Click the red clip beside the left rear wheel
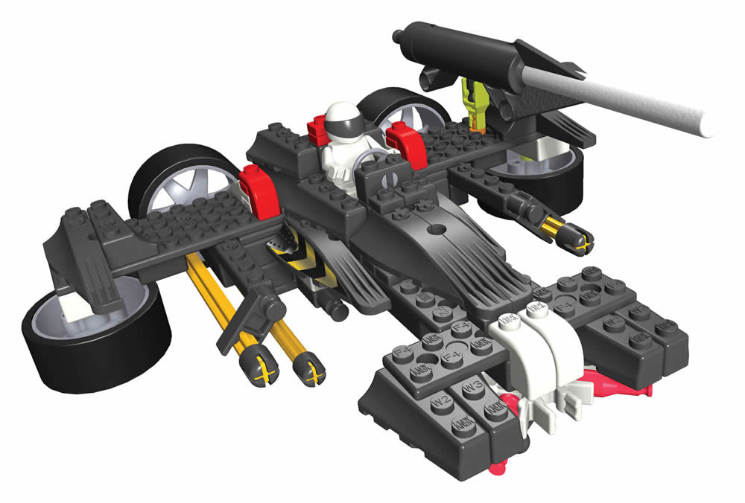pos(255,188)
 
